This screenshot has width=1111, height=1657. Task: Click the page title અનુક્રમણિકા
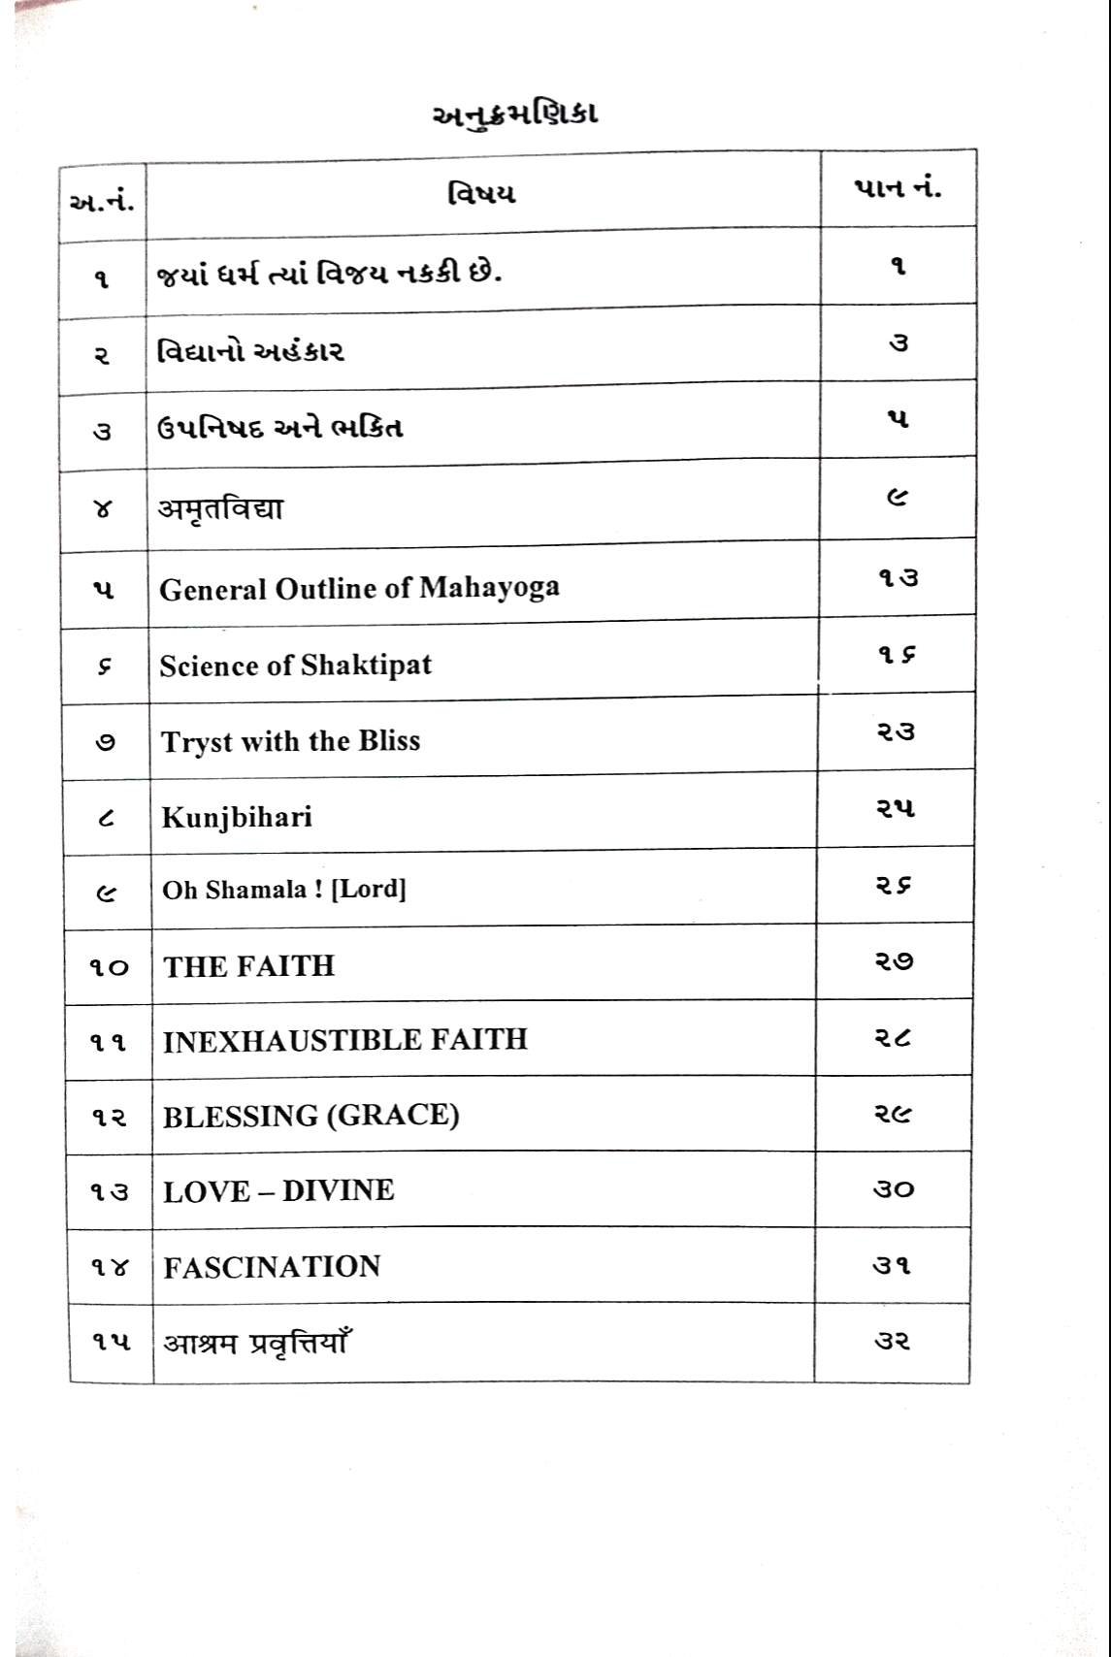[x=513, y=114]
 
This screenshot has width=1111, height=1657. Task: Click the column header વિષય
[x=481, y=193]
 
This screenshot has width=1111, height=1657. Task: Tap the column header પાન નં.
[x=898, y=188]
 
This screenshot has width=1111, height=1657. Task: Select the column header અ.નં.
[x=102, y=202]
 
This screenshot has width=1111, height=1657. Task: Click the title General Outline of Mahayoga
[x=359, y=588]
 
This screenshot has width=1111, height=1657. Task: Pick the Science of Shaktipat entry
[x=295, y=666]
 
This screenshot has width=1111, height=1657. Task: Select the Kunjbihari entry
[x=237, y=817]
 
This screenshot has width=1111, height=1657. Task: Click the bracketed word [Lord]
[x=369, y=890]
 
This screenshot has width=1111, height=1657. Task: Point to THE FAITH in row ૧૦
[x=248, y=966]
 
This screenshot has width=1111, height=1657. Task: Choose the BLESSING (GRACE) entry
[x=310, y=1116]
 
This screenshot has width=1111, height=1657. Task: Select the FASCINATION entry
[x=272, y=1267]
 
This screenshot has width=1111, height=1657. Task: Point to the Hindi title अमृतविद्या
[x=220, y=508]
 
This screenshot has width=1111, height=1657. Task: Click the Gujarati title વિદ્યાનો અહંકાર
[x=250, y=350]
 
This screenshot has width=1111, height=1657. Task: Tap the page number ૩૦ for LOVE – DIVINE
[x=893, y=1189]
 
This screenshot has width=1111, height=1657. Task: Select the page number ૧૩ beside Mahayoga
[x=898, y=578]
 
